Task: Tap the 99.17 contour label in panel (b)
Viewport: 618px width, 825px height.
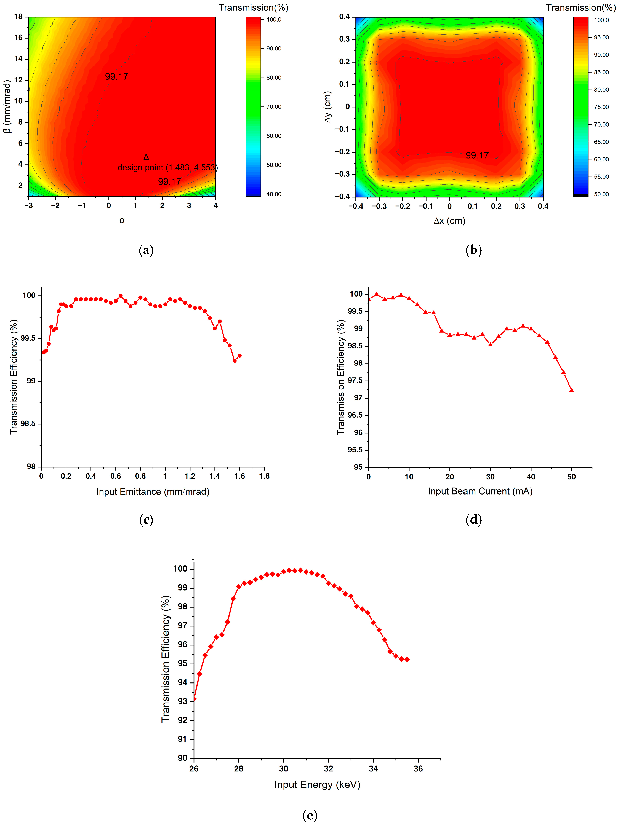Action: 477,155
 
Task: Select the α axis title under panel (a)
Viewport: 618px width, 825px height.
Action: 122,220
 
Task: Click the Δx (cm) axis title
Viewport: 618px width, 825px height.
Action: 449,221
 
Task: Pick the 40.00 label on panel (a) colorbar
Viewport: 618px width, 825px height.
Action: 274,194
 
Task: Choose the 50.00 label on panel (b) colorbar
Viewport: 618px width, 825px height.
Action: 601,194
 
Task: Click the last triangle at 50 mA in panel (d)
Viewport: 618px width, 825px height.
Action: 571,390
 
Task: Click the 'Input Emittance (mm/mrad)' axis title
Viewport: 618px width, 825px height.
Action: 153,492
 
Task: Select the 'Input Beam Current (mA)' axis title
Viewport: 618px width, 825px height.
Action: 480,491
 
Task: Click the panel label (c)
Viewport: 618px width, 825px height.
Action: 146,520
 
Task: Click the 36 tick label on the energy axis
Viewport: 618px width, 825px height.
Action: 418,768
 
